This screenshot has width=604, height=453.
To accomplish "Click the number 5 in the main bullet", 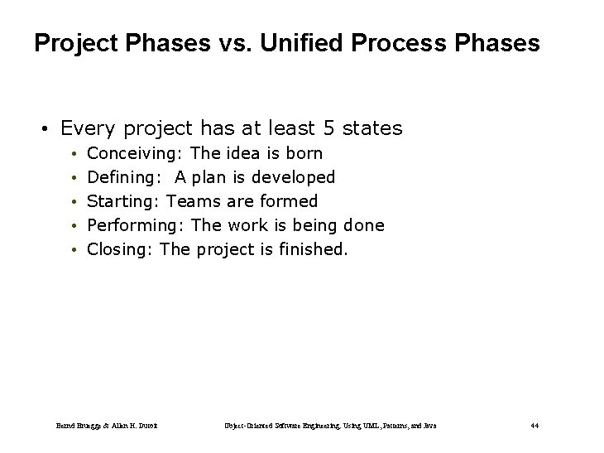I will point(328,128).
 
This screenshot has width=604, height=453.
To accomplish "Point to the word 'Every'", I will point(87,128).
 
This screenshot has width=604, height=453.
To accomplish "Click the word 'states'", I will point(372,128).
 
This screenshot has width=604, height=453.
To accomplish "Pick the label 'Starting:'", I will point(124,201).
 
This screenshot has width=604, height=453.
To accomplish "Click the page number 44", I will point(534,426).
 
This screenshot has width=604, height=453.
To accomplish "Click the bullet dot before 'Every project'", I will point(47,129).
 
